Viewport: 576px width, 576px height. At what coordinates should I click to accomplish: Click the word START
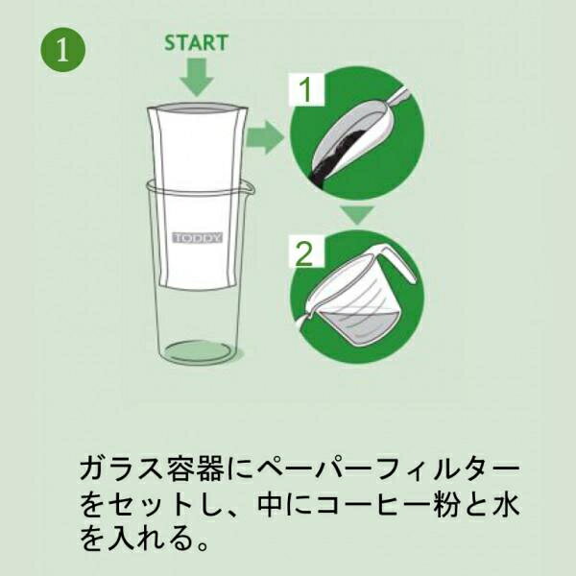point(196,43)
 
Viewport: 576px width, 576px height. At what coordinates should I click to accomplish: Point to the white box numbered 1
point(304,90)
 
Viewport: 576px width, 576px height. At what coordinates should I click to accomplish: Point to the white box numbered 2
point(304,253)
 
